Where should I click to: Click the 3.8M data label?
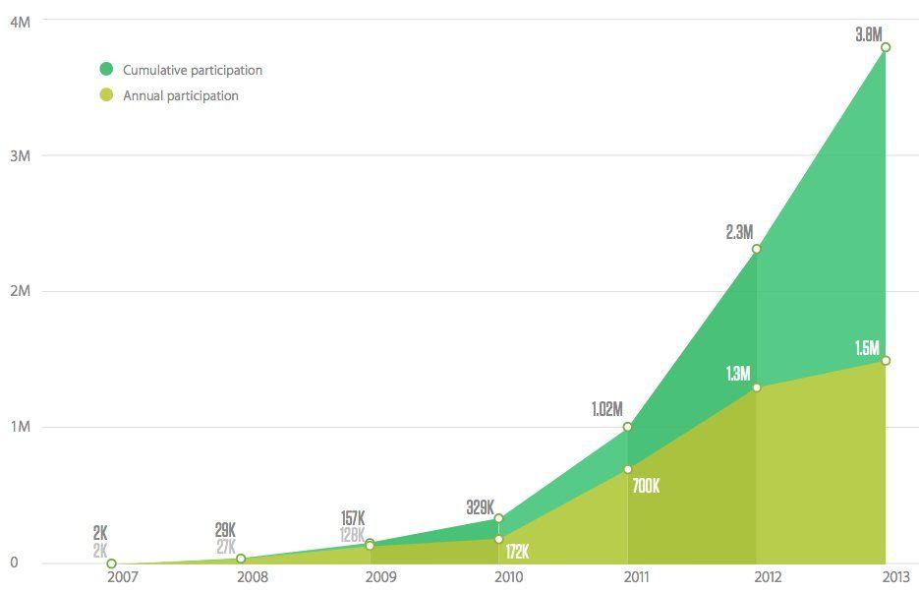(869, 34)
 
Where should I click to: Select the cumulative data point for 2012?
(756, 249)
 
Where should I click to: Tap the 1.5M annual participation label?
(867, 347)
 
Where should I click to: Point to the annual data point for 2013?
(886, 361)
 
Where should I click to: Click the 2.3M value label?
(739, 232)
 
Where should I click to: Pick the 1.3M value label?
(738, 374)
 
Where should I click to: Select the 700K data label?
(646, 486)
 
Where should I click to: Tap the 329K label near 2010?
(481, 507)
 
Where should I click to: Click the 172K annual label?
(517, 551)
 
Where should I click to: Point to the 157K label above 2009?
(354, 518)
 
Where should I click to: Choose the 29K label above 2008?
(225, 530)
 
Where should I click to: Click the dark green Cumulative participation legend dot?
(106, 70)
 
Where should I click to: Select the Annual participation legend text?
(181, 95)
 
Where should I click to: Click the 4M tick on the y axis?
(20, 21)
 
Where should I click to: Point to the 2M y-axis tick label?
(20, 291)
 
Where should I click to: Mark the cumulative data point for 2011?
(627, 427)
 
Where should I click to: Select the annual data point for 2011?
(627, 469)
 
